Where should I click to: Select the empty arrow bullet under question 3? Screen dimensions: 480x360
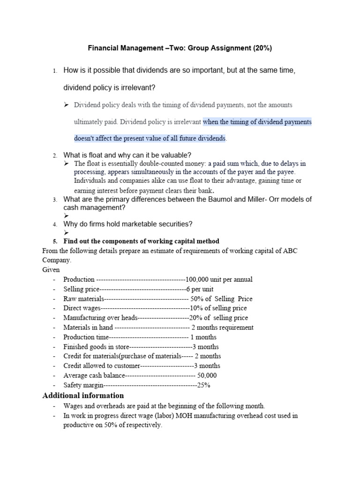(x=66, y=216)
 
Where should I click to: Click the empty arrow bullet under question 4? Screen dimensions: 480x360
(x=66, y=232)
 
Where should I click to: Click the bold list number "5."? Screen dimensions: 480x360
(x=55, y=241)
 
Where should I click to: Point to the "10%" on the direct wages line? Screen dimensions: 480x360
(x=196, y=308)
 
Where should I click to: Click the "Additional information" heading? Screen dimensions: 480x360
(x=83, y=396)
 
